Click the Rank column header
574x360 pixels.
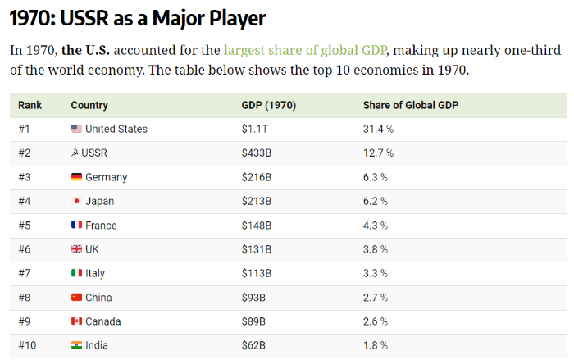[30, 105]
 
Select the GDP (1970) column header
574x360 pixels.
[269, 105]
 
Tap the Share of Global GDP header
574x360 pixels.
[411, 105]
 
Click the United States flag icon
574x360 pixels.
[76, 129]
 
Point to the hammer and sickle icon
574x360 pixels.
[76, 153]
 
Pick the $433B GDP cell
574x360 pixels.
[256, 153]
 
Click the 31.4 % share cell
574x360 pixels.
[378, 129]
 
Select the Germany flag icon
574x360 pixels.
[76, 177]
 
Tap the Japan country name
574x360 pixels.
[99, 201]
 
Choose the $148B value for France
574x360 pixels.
[256, 226]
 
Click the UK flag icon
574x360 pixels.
[76, 249]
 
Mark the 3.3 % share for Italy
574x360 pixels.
[376, 273]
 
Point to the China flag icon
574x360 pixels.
[76, 298]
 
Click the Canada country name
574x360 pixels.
[102, 321]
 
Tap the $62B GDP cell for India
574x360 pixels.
[253, 345]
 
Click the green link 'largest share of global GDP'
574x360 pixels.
[317, 49]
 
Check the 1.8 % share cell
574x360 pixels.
[376, 345]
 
